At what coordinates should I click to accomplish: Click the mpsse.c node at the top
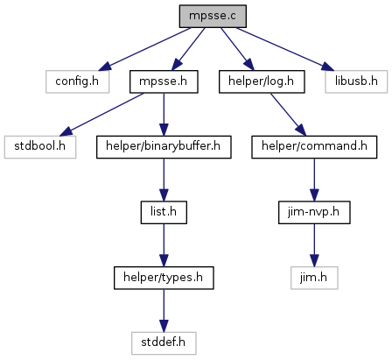tap(213, 16)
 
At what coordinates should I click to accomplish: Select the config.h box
tap(77, 81)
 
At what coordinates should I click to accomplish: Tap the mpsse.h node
tap(164, 81)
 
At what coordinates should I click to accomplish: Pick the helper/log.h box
tap(262, 81)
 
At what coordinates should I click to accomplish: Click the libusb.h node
tap(356, 81)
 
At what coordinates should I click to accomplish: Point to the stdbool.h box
tap(40, 147)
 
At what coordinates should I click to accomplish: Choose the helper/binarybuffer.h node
tap(164, 147)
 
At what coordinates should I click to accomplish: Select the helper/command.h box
tap(314, 147)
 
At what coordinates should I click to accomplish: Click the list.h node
tap(164, 212)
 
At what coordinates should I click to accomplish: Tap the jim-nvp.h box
tap(314, 212)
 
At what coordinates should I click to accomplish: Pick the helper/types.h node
tap(164, 278)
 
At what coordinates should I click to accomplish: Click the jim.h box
tap(314, 278)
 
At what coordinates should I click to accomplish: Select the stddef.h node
tap(164, 343)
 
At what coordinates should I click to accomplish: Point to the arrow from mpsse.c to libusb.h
tap(285, 49)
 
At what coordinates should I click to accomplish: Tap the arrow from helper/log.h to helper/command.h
tap(289, 115)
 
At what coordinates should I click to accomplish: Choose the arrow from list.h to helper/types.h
tap(164, 245)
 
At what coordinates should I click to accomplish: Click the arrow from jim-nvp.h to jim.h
tap(314, 245)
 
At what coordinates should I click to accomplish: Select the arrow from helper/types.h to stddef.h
tap(164, 311)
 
